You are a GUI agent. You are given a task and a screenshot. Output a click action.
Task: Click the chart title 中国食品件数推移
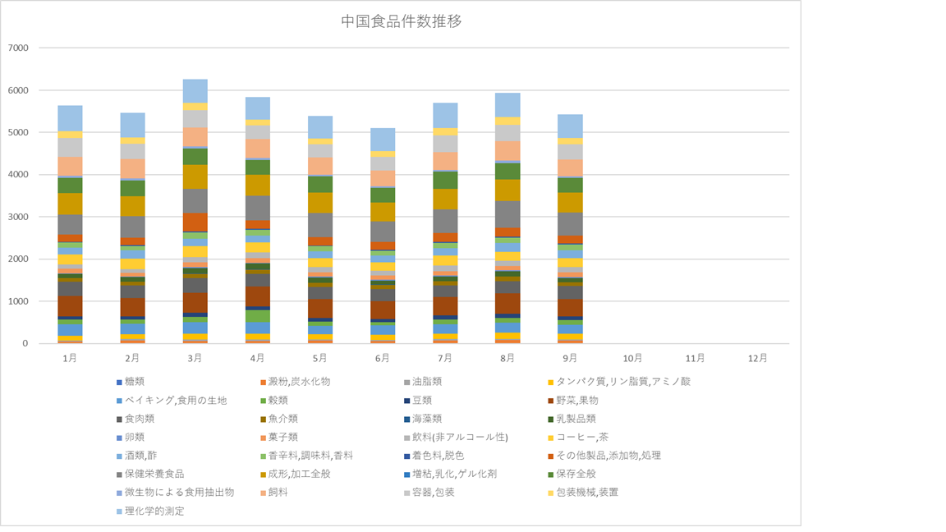click(x=401, y=21)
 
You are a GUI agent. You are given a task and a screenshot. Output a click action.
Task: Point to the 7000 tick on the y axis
click(x=17, y=48)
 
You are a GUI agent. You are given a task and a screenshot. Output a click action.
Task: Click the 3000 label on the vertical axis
click(x=17, y=217)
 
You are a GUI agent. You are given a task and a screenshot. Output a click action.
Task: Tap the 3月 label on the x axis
click(x=195, y=359)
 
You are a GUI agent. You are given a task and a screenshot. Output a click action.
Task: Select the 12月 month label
click(x=758, y=359)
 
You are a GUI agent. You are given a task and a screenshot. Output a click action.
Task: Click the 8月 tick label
click(x=507, y=359)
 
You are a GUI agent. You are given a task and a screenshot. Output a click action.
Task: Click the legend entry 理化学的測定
click(x=155, y=511)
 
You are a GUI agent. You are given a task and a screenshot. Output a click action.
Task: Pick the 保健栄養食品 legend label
click(x=155, y=474)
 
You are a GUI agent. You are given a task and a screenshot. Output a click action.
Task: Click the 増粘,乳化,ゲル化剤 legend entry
click(x=462, y=474)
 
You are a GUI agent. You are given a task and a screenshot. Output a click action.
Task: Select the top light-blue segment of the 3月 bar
click(x=195, y=90)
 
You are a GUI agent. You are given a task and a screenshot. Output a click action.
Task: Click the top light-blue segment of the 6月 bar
click(x=382, y=139)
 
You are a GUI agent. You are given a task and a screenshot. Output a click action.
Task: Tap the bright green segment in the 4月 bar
click(x=257, y=316)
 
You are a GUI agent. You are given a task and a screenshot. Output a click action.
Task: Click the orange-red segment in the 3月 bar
click(x=195, y=222)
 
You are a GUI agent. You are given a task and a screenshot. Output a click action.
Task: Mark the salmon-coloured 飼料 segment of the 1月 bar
click(x=70, y=166)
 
